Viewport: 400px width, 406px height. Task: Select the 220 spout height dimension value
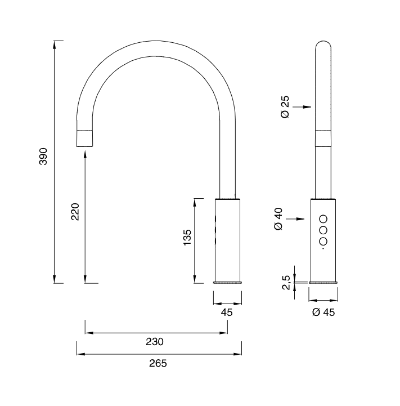75,211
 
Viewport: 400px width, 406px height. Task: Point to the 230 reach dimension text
155,341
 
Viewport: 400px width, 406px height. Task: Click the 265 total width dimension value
158,363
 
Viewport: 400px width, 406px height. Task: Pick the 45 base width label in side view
227,313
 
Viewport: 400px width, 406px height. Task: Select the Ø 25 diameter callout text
285,106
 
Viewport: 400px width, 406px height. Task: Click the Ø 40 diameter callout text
278,218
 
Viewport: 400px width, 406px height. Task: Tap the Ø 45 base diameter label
323,313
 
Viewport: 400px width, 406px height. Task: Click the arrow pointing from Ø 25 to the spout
304,106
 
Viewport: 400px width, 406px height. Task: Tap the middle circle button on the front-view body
323,230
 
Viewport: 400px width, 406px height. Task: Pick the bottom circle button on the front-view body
323,241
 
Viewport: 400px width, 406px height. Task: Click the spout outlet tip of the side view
83,139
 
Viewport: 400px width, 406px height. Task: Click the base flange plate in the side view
227,282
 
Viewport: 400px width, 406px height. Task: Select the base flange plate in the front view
323,282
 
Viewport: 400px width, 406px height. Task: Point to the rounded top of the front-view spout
323,45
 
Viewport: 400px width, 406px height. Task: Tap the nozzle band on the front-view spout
323,139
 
